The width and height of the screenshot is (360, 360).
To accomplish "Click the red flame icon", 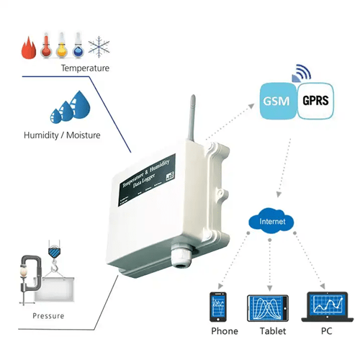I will (x=28, y=48).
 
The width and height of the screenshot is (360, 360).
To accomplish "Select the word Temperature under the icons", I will (x=85, y=68).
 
